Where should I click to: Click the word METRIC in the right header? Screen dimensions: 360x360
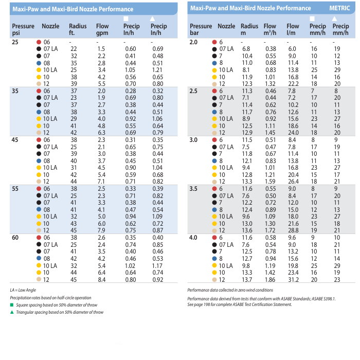tap(339, 8)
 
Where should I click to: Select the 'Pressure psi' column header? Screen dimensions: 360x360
tap(23, 29)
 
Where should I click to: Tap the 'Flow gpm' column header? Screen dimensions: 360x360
tap(102, 29)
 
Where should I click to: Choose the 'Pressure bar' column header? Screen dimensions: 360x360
tap(201, 29)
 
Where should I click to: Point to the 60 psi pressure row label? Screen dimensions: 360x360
tap(16, 238)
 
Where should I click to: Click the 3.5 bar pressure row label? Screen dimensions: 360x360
tap(194, 189)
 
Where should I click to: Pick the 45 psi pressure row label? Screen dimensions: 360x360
tap(16, 139)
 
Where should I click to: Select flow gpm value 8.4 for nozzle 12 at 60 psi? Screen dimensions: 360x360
tap(101, 279)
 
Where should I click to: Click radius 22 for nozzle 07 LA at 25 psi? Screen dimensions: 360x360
tap(74, 48)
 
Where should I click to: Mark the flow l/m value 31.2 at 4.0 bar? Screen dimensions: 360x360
tap(293, 279)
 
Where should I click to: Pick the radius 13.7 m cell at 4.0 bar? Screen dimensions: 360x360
tap(247, 279)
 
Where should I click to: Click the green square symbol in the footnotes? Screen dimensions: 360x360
tap(12, 305)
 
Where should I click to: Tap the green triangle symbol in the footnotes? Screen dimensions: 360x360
tap(12, 312)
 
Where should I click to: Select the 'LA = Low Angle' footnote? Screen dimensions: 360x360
tap(24, 291)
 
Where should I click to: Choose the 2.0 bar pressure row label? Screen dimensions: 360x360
tap(194, 41)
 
